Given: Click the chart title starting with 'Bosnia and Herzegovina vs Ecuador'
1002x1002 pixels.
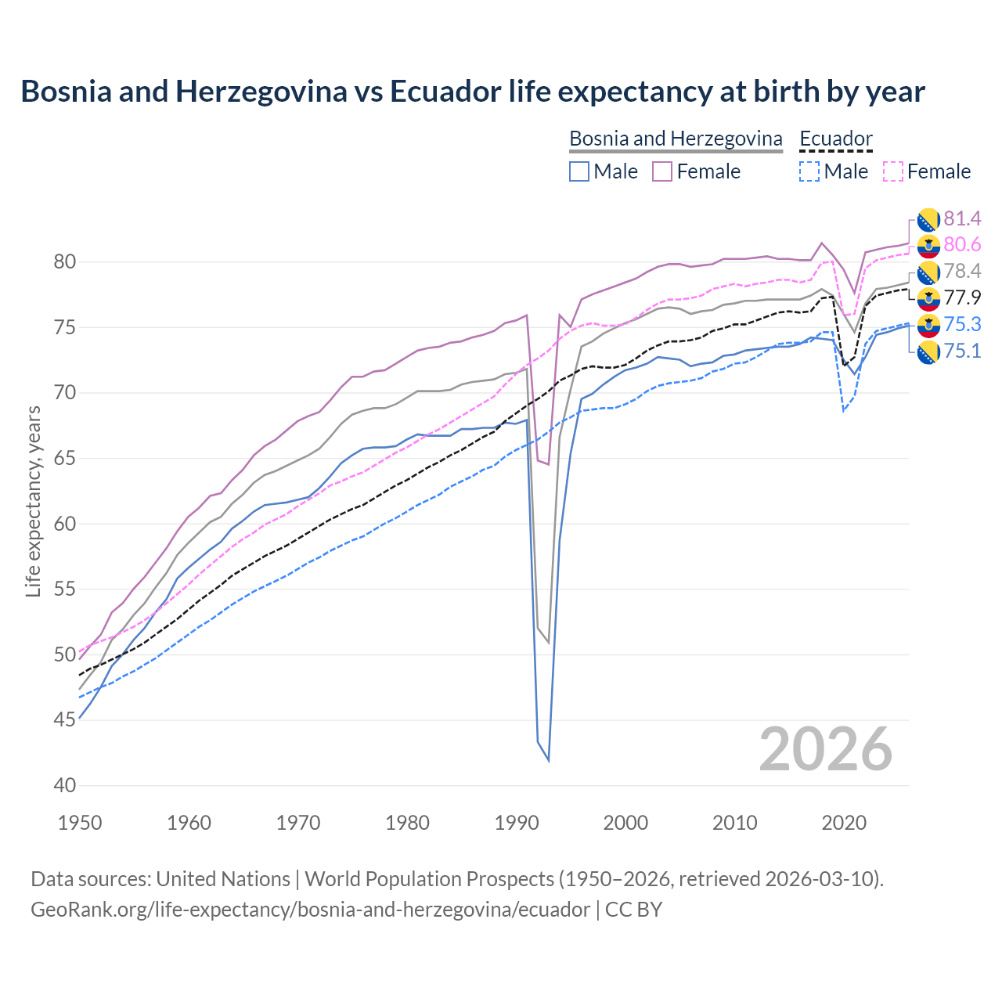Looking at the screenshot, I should click(x=473, y=92).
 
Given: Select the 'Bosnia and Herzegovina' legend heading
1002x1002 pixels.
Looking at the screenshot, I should click(x=675, y=139).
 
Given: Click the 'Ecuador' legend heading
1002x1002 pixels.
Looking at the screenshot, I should click(x=835, y=139).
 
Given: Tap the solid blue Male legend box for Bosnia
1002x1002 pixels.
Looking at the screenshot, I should click(x=579, y=171).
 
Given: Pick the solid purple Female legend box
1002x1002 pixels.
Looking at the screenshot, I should click(x=662, y=171).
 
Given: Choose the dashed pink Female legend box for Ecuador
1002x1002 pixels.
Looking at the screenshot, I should click(x=893, y=171).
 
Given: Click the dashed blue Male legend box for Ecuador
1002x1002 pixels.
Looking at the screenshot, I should click(x=809, y=171).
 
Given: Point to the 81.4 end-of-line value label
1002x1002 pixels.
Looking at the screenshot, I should click(x=962, y=218).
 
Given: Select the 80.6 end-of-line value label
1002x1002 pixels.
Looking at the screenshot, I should click(x=962, y=245).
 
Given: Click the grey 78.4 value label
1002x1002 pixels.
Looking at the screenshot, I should click(x=962, y=271).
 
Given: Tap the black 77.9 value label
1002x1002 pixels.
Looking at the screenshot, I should click(x=962, y=297).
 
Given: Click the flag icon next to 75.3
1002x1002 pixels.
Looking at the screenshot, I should click(x=928, y=325).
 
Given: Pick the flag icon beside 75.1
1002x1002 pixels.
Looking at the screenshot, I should click(x=928, y=351).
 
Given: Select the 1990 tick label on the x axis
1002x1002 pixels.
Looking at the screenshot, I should click(x=517, y=823).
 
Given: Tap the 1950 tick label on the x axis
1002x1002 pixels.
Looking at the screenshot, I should click(x=80, y=823).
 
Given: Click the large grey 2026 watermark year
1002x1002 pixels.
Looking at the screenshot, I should click(x=825, y=749).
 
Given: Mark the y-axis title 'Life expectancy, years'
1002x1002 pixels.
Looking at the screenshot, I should click(x=33, y=501).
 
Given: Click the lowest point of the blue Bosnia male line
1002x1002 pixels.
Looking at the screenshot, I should click(x=548, y=760).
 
